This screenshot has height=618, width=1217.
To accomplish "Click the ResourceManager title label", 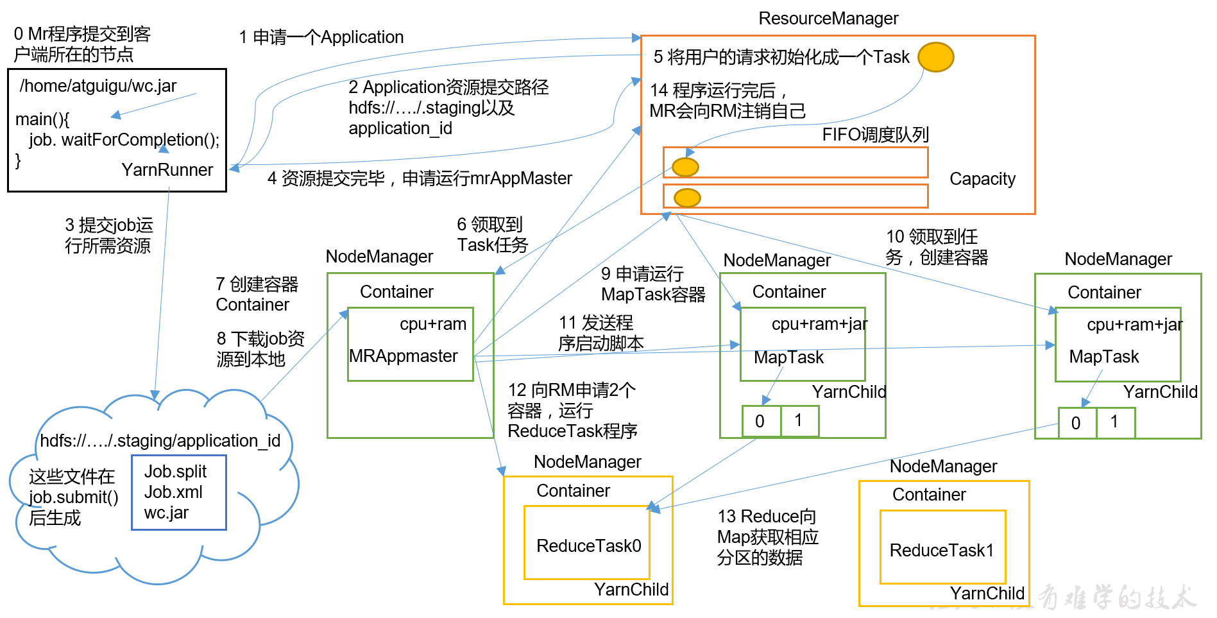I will [828, 19].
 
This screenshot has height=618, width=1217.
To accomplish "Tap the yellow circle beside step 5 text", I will [935, 57].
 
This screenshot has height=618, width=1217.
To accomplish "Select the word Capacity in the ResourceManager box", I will [982, 179].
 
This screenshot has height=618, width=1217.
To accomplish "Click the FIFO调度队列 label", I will [875, 135].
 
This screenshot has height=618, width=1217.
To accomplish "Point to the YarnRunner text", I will [167, 170].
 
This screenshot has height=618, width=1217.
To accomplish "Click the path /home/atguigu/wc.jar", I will [98, 86].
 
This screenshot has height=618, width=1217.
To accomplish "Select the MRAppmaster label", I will [403, 356].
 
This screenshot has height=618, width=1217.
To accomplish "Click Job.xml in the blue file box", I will [173, 492].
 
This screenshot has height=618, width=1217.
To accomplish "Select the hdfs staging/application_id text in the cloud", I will [160, 441].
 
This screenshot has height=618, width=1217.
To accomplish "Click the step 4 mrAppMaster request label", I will [420, 178].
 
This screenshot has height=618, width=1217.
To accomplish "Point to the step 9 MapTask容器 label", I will [652, 284].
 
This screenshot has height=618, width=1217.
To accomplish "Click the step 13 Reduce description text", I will [767, 537].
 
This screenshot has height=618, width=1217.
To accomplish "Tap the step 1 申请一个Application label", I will [321, 37].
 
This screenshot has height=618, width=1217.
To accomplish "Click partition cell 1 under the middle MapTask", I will [799, 421].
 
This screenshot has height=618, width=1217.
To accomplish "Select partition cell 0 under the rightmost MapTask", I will [1077, 423].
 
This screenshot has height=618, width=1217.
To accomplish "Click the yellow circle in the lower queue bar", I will [687, 198].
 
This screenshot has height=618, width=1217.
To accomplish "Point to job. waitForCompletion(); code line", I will [124, 140].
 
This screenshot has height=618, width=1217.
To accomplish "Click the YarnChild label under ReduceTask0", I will [631, 590].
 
